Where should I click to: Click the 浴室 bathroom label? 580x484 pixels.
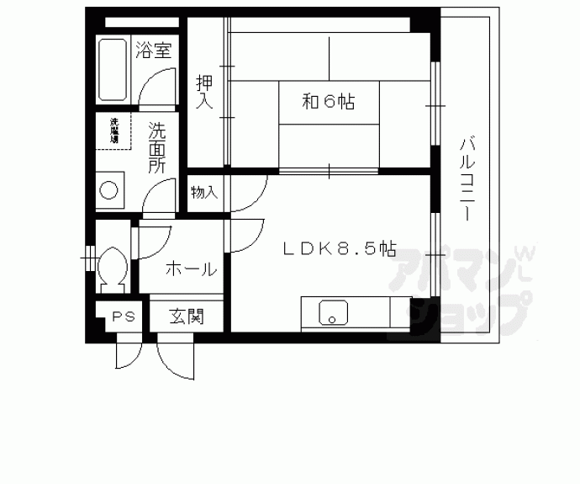point(153,51)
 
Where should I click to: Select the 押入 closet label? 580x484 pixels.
point(204,92)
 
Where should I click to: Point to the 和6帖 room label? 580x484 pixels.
point(328,103)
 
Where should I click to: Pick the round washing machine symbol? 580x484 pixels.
point(110,190)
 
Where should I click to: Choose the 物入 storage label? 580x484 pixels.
point(204,193)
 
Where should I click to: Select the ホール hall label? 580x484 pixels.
point(191,269)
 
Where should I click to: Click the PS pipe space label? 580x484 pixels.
point(124,317)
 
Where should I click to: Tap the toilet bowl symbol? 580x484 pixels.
point(111,267)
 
